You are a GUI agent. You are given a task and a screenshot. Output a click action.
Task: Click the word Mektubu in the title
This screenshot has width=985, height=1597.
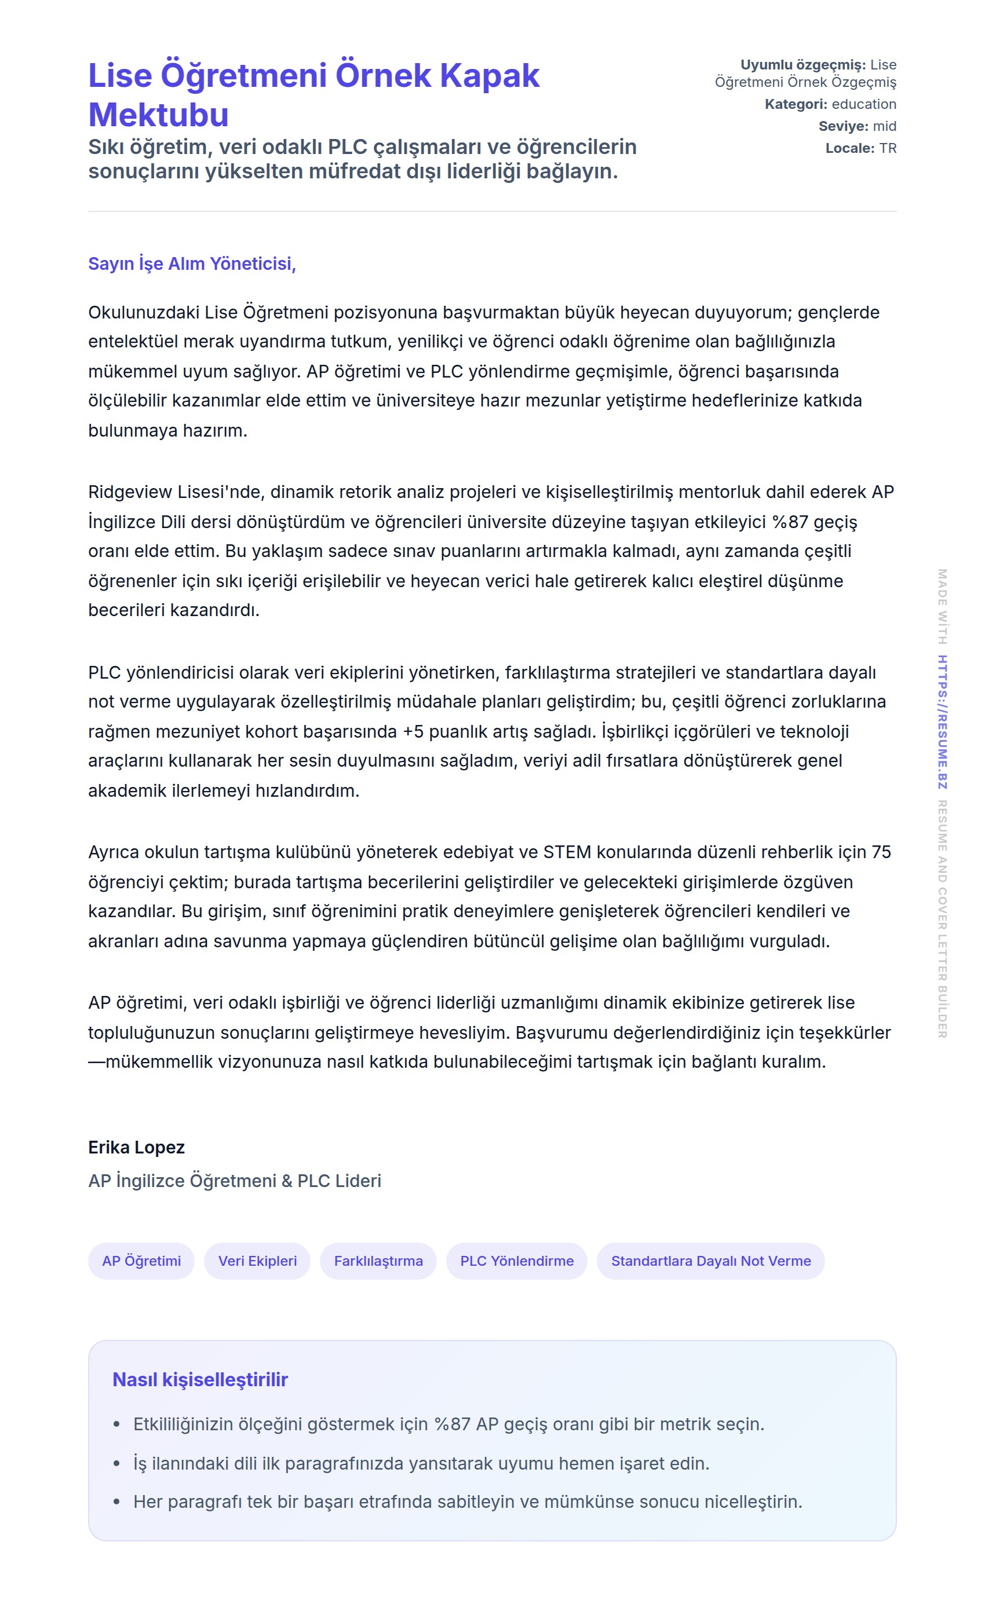click(x=158, y=115)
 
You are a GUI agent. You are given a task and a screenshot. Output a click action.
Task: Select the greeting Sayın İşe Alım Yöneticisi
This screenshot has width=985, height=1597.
click(x=192, y=263)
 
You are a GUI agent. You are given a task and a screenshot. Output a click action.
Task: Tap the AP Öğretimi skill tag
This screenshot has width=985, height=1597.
click(x=141, y=1261)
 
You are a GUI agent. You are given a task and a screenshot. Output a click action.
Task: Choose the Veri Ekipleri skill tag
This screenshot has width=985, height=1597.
click(x=257, y=1261)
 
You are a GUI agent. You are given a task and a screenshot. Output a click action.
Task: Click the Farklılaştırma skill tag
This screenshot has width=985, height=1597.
click(x=378, y=1261)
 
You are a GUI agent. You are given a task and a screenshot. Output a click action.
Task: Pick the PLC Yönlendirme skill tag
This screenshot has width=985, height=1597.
click(x=517, y=1261)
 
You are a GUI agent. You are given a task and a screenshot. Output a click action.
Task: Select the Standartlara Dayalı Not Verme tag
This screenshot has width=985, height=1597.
click(x=711, y=1261)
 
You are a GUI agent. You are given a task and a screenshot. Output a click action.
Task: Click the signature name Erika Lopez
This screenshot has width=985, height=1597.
click(x=136, y=1147)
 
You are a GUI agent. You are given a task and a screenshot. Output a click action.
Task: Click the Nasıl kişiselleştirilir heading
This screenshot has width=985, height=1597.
click(x=200, y=1379)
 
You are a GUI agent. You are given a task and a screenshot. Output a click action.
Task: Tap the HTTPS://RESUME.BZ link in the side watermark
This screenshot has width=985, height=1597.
click(x=942, y=722)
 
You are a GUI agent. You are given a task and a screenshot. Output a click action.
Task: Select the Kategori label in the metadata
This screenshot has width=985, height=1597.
click(x=796, y=104)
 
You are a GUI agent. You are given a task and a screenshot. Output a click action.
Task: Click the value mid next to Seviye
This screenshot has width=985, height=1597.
click(x=885, y=126)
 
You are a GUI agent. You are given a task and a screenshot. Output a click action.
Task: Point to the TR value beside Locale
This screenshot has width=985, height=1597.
click(x=887, y=148)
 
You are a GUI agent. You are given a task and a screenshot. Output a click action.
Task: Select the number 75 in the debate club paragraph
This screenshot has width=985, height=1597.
click(x=881, y=852)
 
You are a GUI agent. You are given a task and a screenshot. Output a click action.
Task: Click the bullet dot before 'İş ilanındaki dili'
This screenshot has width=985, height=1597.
click(x=116, y=1464)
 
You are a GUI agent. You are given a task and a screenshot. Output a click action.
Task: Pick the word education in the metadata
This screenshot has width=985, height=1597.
click(x=864, y=104)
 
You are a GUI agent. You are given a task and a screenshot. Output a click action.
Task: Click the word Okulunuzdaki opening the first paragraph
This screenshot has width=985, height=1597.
click(x=143, y=313)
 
